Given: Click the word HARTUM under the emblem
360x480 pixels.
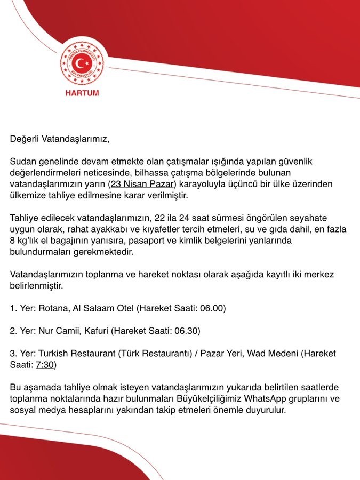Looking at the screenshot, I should pos(82,93).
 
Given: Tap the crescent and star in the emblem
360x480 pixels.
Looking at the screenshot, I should pos(83,64).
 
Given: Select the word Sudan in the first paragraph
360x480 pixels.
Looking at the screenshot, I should pos(22,162).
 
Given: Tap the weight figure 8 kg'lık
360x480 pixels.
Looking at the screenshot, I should pos(25,241).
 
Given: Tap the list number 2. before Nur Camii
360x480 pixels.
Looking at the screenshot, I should pos(13,331).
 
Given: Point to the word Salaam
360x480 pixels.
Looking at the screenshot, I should pos(108,308).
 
